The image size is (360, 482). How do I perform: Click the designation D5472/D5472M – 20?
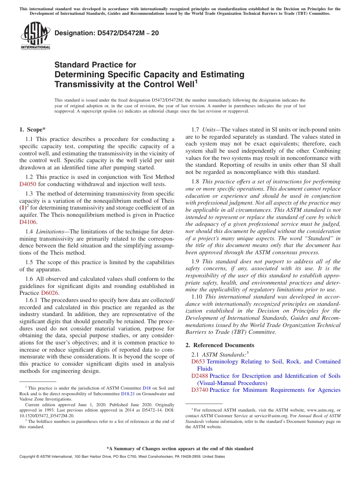(106, 33)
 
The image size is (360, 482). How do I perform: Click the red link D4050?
(28, 184)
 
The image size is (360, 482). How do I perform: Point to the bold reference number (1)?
(22, 208)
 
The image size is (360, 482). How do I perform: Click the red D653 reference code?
(198, 361)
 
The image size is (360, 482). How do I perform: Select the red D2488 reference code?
(200, 376)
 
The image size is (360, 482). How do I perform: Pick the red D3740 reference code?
(200, 390)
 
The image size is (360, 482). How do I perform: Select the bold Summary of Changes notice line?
(180, 449)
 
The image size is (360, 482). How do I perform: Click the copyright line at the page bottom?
(122, 457)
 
